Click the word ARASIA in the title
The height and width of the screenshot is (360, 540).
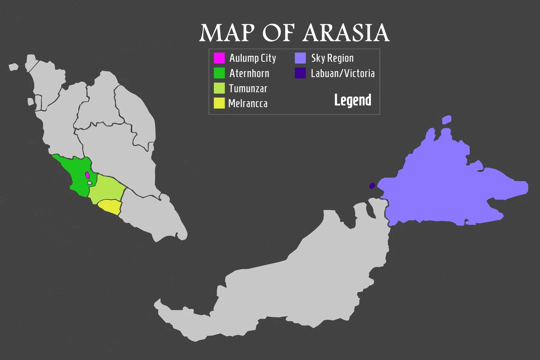tap(346, 33)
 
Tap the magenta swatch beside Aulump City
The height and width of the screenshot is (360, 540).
tap(219, 58)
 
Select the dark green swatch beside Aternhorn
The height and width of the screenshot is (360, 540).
tap(219, 73)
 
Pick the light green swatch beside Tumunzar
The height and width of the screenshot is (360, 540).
tap(219, 88)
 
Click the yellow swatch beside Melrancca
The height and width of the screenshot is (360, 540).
tap(219, 103)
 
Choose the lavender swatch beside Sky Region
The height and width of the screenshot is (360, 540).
tap(301, 58)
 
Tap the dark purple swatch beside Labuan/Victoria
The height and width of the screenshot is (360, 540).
tap(301, 73)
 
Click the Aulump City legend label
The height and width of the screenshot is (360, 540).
tap(252, 58)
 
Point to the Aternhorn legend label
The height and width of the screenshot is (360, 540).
tap(249, 73)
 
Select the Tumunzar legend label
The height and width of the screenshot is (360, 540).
tap(247, 88)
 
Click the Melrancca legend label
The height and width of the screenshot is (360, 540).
tap(247, 103)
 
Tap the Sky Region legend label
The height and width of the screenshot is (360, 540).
tap(332, 58)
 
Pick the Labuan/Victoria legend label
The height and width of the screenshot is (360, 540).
tap(342, 73)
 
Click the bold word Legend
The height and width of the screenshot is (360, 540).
tap(352, 100)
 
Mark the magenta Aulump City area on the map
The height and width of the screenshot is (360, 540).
tap(87, 175)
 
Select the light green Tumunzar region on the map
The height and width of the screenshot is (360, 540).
tap(107, 188)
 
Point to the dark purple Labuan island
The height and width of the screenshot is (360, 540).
tap(372, 185)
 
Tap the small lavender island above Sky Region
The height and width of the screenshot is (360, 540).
tap(446, 119)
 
